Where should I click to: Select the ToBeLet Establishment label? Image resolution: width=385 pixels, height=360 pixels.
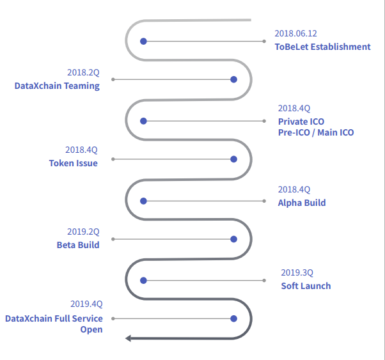pyautogui.click(x=322, y=47)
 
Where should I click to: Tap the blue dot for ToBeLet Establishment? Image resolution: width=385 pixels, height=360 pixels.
pyautogui.click(x=144, y=41)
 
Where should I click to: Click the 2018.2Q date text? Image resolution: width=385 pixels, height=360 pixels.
pyautogui.click(x=83, y=73)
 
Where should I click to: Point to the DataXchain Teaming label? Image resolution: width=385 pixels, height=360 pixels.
pyautogui.click(x=57, y=86)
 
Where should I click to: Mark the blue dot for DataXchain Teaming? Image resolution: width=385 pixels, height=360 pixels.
pyautogui.click(x=233, y=79)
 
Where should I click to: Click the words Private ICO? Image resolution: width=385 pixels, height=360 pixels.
pyautogui.click(x=301, y=121)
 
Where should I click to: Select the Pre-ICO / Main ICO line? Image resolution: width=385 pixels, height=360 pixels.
pyautogui.click(x=315, y=132)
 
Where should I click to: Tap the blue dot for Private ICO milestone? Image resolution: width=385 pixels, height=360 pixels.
pyautogui.click(x=144, y=121)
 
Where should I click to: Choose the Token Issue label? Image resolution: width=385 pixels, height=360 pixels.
pyautogui.click(x=74, y=163)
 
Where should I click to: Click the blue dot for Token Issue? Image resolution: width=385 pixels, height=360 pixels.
pyautogui.click(x=233, y=159)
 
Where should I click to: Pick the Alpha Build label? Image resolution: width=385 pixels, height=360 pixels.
pyautogui.click(x=301, y=203)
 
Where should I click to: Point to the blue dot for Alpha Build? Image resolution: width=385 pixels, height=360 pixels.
pyautogui.click(x=144, y=201)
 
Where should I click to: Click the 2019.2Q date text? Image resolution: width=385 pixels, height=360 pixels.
pyautogui.click(x=83, y=231)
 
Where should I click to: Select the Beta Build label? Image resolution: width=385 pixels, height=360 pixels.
pyautogui.click(x=78, y=244)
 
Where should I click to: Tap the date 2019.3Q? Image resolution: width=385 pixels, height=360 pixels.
pyautogui.click(x=297, y=272)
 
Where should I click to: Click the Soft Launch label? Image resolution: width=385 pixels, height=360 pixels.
pyautogui.click(x=306, y=285)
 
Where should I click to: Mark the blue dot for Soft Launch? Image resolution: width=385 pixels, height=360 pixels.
pyautogui.click(x=144, y=280)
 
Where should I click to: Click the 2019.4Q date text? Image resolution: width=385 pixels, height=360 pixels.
pyautogui.click(x=86, y=304)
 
